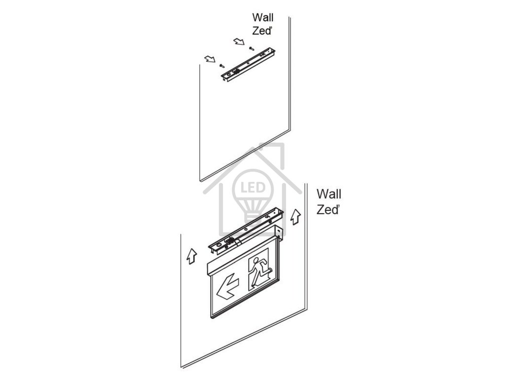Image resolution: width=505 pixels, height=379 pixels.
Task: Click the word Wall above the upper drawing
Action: (262, 19)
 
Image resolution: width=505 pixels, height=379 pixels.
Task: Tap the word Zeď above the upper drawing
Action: (262, 31)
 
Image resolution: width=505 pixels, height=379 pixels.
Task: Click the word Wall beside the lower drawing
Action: (328, 194)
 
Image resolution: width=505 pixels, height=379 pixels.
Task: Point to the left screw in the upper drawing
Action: (221, 65)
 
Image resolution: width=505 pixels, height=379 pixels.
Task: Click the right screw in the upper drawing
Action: (252, 48)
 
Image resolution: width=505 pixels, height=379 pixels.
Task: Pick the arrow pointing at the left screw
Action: (210, 59)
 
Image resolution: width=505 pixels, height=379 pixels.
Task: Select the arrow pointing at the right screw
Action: (240, 41)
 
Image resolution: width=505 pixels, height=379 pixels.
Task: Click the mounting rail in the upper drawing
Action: (248, 64)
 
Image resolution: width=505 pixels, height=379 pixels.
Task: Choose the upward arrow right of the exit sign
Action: (295, 216)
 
